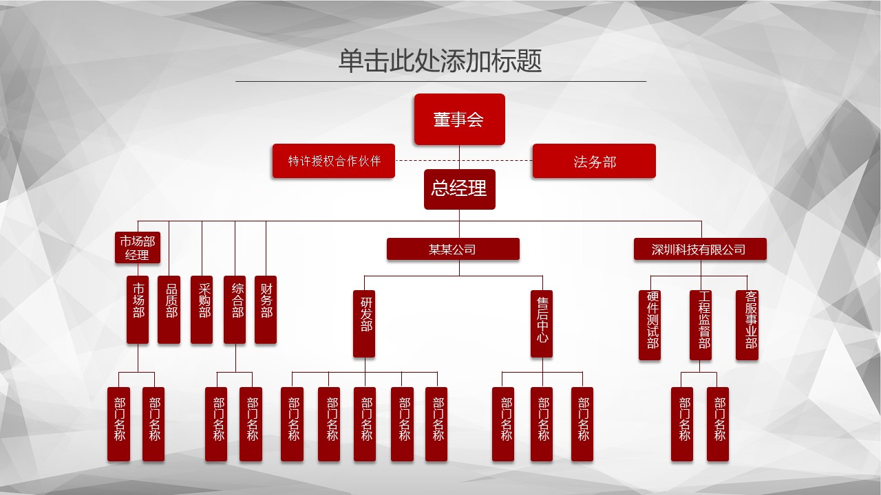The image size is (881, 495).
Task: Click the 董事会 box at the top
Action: pos(459,119)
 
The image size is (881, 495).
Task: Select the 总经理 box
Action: pos(459,188)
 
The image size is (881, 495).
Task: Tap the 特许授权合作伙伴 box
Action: pos(333,161)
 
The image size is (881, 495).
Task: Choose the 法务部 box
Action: pos(594,161)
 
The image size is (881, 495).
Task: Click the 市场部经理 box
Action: pos(138,248)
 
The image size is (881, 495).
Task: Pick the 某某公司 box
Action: pos(453,249)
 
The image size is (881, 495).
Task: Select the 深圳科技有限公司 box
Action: pos(699,249)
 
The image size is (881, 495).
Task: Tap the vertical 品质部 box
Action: pos(169,309)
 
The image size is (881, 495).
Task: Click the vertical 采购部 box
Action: pos(202,309)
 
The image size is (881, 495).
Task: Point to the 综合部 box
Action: pos(235,309)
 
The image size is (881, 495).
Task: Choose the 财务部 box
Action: pos(266,309)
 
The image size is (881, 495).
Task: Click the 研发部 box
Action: pos(364,323)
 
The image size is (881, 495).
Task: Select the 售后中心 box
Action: pos(542,323)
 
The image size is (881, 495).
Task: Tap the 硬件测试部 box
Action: pos(650,324)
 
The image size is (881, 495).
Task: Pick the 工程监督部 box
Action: pos(701,324)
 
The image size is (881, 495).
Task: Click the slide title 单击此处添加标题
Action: pos(440,60)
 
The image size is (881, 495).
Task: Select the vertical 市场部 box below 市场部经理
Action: pos(138,309)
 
